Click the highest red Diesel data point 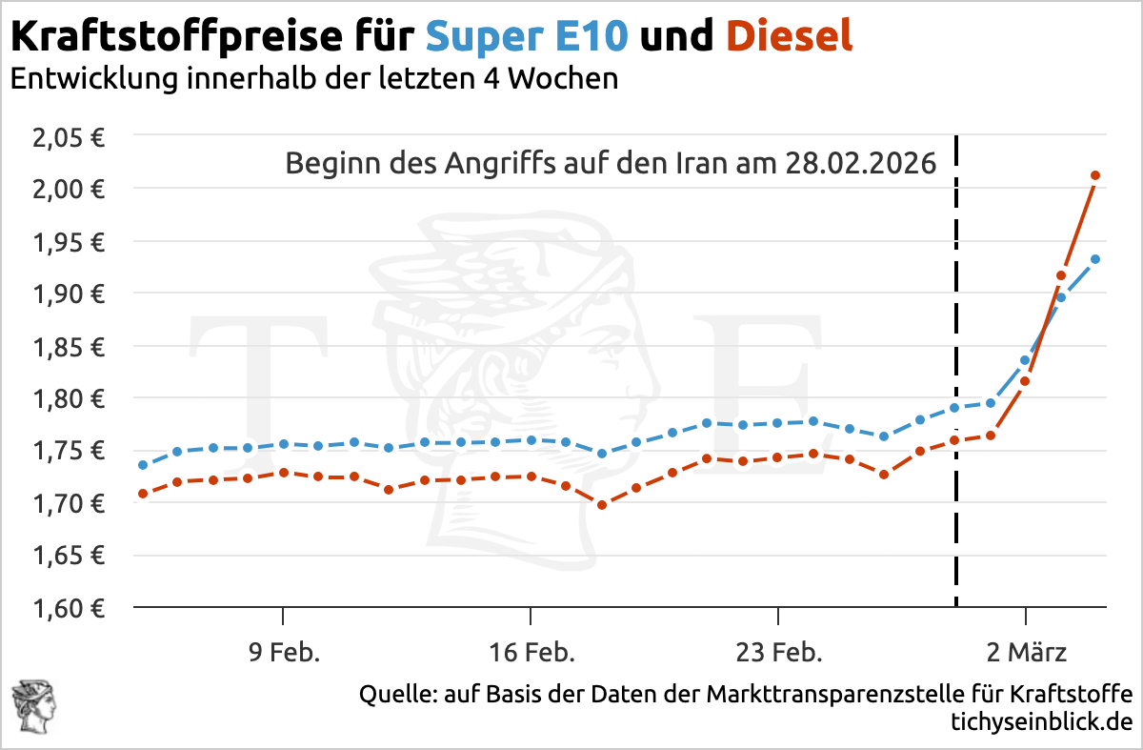pyautogui.click(x=1095, y=175)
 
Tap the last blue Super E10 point pyautogui.click(x=1095, y=259)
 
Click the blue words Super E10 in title pyautogui.click(x=527, y=38)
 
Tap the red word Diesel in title pyautogui.click(x=789, y=38)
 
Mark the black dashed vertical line pyautogui.click(x=955, y=381)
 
